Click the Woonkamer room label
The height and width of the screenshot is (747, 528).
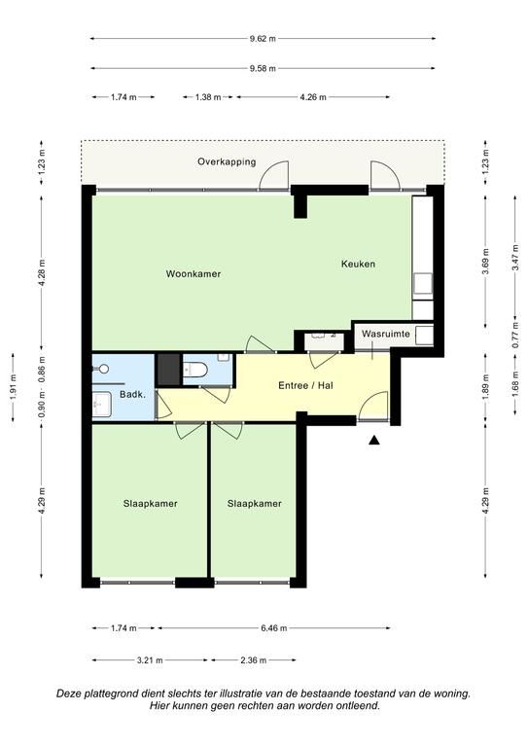tap(194, 274)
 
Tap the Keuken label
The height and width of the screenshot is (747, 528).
tap(358, 264)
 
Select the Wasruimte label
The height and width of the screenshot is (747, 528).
tap(386, 334)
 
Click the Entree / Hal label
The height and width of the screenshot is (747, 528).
tap(305, 385)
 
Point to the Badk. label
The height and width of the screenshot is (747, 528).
tap(132, 395)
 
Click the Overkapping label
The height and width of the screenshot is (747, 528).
tap(227, 162)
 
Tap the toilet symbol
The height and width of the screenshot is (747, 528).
tap(195, 370)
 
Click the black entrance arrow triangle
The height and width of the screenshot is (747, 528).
tap(374, 441)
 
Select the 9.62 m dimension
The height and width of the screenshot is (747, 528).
tap(263, 39)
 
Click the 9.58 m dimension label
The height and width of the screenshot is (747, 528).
tap(263, 69)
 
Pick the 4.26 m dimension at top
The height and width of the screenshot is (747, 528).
tap(313, 97)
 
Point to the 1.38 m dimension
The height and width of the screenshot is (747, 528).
tap(208, 97)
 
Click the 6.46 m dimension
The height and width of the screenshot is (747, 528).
tap(274, 628)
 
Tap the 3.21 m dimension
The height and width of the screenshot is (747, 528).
tap(150, 660)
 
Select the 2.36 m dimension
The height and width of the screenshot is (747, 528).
tap(254, 660)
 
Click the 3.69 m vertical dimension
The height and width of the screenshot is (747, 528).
tap(485, 262)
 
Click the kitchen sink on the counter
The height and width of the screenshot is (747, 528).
tap(423, 283)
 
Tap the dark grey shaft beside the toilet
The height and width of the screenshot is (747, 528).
tap(168, 370)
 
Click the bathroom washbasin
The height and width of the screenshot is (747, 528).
tap(101, 405)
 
